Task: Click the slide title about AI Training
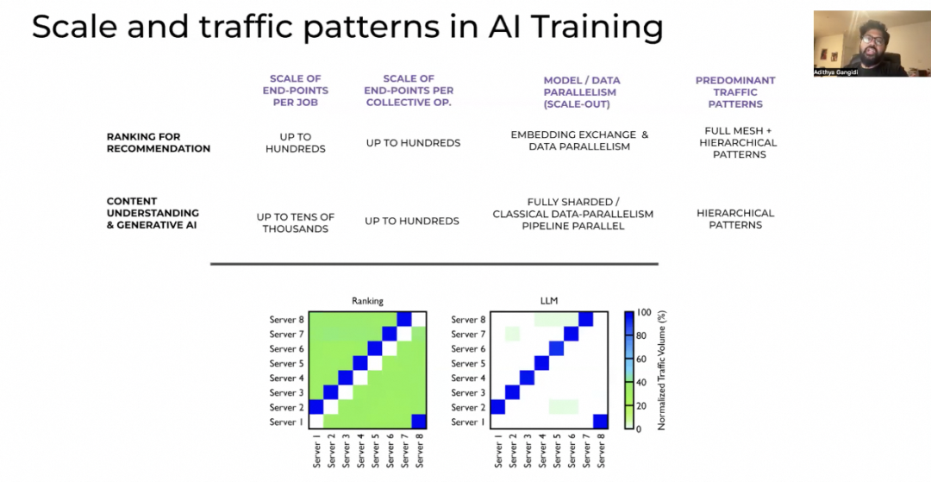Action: click(347, 28)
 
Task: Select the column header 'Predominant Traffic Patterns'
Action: click(735, 91)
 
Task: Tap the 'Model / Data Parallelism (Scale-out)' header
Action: click(581, 91)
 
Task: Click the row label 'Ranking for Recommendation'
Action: click(158, 142)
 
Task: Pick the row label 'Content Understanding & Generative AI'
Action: click(153, 213)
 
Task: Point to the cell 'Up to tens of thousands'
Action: click(295, 222)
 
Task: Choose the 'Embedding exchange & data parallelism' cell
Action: click(579, 141)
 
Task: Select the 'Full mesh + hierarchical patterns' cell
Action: click(737, 142)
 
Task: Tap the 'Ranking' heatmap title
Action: click(367, 301)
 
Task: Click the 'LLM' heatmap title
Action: click(548, 301)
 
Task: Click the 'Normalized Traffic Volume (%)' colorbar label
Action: click(662, 370)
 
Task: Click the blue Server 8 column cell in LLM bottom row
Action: click(600, 422)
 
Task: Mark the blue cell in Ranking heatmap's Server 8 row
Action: click(404, 319)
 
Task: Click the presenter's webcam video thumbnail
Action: click(871, 43)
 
